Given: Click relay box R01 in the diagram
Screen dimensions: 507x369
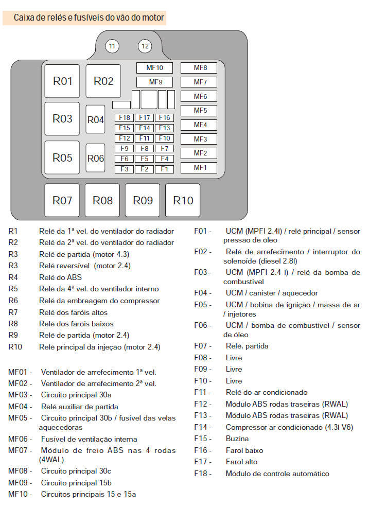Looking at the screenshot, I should [62, 81].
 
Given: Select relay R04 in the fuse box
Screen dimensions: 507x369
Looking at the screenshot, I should [95, 119].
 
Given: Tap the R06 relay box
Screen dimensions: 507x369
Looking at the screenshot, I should [95, 158].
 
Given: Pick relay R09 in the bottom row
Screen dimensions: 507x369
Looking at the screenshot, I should [143, 200].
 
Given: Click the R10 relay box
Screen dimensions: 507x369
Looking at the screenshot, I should [183, 200].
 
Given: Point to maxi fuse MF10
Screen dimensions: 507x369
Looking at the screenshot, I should [154, 67].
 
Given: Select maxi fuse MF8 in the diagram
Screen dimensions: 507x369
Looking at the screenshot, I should [199, 67].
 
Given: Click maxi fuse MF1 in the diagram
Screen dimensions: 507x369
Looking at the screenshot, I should [199, 167].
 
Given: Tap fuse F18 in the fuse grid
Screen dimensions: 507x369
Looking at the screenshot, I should [124, 118].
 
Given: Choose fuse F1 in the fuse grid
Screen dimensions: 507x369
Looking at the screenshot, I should [164, 169].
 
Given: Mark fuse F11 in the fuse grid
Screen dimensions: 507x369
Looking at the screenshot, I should [144, 138].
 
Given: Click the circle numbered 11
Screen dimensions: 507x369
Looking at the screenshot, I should [112, 46].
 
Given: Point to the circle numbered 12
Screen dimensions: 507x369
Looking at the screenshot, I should [145, 46].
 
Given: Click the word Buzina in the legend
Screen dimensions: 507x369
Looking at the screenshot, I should [237, 439].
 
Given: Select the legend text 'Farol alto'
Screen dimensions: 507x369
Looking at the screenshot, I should [241, 462].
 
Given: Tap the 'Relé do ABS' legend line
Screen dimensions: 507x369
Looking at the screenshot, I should [60, 277].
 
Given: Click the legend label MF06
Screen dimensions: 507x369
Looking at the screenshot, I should [20, 439].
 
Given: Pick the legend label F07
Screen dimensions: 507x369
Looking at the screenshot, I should [202, 346].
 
